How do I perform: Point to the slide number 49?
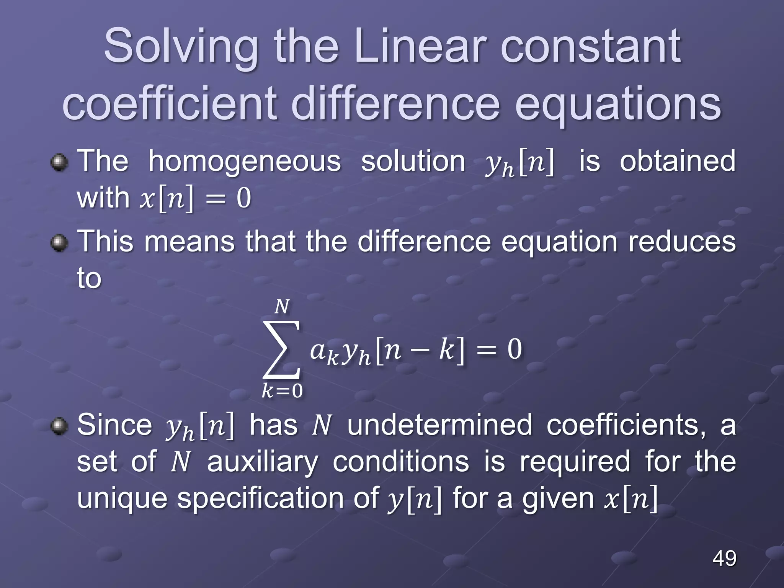[724, 558]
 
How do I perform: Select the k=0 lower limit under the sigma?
[282, 391]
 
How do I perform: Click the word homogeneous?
[245, 161]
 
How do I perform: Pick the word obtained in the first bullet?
[678, 161]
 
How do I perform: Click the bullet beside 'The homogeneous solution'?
[59, 163]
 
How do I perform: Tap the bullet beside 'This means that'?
[59, 243]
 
